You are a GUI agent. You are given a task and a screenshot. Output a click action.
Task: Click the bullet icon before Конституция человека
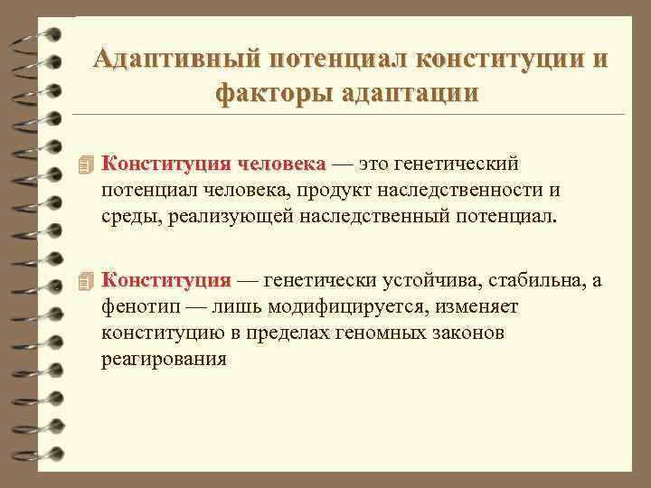pos(86,165)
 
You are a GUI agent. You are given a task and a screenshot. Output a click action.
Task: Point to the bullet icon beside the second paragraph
pos(86,282)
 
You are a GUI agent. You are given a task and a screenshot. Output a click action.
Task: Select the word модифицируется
pos(330,307)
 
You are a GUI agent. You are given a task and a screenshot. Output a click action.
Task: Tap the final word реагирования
pos(164,359)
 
